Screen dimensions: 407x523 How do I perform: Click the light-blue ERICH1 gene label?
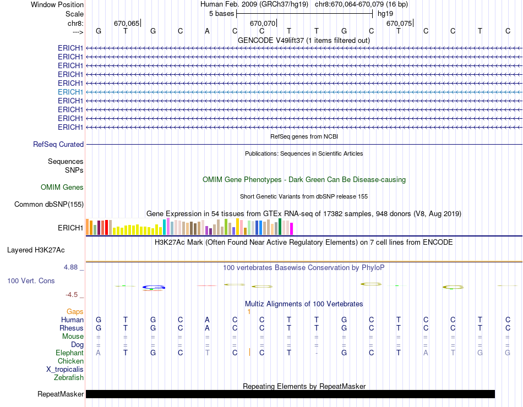pyautogui.click(x=70, y=92)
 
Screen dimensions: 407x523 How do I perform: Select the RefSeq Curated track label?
pyautogui.click(x=58, y=144)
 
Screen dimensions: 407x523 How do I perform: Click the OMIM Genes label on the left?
pyautogui.click(x=62, y=187)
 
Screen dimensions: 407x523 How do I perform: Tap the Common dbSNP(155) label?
pyautogui.click(x=48, y=205)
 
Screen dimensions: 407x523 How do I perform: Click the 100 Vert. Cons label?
pyautogui.click(x=31, y=280)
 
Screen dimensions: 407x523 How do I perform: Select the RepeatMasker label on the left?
pyautogui.click(x=61, y=394)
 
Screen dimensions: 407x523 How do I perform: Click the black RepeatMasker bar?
pyautogui.click(x=290, y=394)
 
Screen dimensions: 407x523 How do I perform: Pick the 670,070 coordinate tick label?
pyautogui.click(x=262, y=24)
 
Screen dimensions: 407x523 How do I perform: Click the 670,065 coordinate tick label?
pyautogui.click(x=127, y=24)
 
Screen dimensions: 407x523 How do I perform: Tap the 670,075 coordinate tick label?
pyautogui.click(x=399, y=24)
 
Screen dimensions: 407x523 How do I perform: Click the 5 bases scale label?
pyautogui.click(x=221, y=13)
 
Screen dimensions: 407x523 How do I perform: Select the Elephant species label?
pyautogui.click(x=69, y=353)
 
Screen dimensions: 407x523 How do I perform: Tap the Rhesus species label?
pyautogui.click(x=72, y=328)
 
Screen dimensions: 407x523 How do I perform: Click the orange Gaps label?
pyautogui.click(x=75, y=311)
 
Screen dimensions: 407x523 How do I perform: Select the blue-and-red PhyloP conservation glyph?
pyautogui.click(x=154, y=287)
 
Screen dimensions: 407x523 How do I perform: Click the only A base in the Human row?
pyautogui.click(x=207, y=320)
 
